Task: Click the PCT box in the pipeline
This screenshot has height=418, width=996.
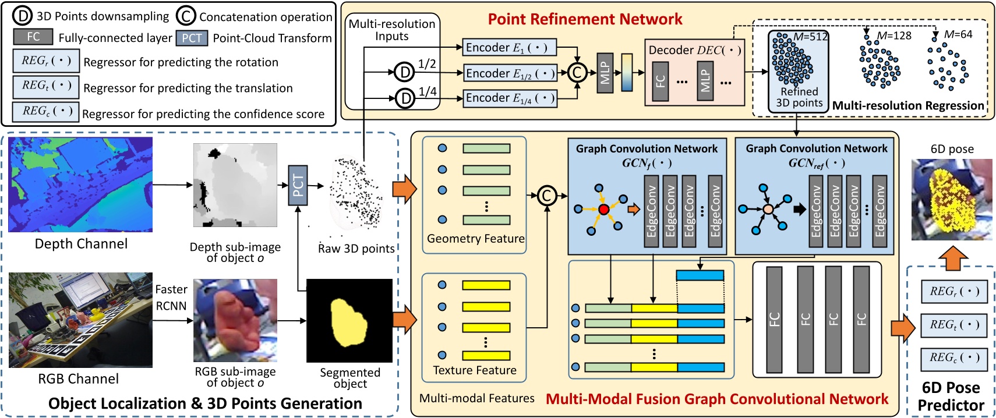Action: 298,185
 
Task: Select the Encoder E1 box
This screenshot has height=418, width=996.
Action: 509,48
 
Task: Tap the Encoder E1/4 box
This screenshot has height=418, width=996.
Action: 509,98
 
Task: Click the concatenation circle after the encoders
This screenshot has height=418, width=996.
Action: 577,73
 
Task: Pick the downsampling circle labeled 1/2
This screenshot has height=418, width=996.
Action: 404,72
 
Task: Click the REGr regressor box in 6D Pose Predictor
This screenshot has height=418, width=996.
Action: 954,291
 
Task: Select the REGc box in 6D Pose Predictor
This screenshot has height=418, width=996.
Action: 954,358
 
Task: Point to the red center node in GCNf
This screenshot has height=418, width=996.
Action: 603,209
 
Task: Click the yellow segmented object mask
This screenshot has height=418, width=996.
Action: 348,322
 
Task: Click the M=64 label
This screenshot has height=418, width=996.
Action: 958,34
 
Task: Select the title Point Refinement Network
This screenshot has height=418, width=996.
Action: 585,19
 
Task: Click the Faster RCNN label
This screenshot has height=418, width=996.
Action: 171,297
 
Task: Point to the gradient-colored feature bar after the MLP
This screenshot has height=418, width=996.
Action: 627,73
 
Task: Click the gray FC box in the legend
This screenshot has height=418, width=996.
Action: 33,37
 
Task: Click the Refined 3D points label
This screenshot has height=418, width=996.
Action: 799,97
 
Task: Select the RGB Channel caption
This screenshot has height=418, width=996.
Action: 78,379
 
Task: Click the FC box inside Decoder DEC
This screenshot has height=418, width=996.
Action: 660,82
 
